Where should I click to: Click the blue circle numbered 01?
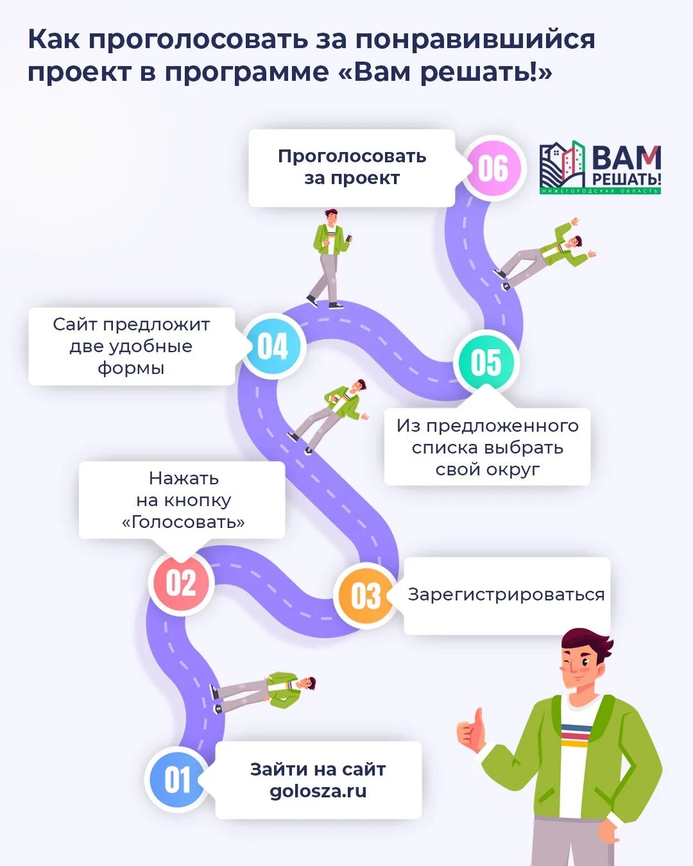pyautogui.click(x=177, y=779)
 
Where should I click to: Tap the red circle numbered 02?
pyautogui.click(x=181, y=583)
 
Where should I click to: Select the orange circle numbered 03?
pyautogui.click(x=366, y=595)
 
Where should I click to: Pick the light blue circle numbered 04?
pyautogui.click(x=273, y=346)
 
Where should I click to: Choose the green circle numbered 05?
pyautogui.click(x=486, y=362)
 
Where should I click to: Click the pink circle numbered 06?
pyautogui.click(x=493, y=168)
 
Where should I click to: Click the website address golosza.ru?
pyautogui.click(x=318, y=791)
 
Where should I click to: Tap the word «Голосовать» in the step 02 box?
pyautogui.click(x=184, y=522)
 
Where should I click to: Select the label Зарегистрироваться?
pyautogui.click(x=506, y=595)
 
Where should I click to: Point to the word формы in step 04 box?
pyautogui.click(x=131, y=368)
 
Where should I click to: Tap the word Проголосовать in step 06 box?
pyautogui.click(x=352, y=157)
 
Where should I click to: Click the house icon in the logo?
pyautogui.click(x=562, y=165)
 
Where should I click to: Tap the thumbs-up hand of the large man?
pyautogui.click(x=472, y=731)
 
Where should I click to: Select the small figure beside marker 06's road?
pyautogui.click(x=545, y=253)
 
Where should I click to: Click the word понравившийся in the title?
pyautogui.click(x=475, y=40)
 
